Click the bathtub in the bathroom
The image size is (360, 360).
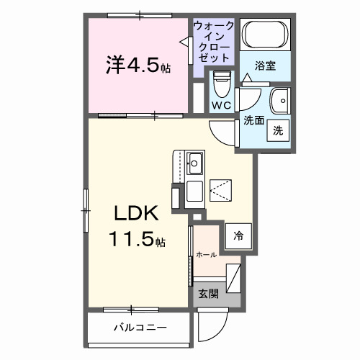[x=265, y=35]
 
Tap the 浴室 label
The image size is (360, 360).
[x=265, y=66]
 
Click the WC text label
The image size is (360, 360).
[x=221, y=106]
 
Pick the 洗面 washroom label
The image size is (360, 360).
[x=253, y=120]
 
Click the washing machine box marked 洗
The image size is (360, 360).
[x=277, y=131]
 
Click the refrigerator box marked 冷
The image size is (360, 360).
[x=238, y=234]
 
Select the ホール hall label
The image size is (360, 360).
[x=206, y=254]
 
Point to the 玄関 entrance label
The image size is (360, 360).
[x=208, y=293]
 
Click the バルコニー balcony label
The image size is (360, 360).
[x=140, y=328]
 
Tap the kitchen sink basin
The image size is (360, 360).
[x=194, y=160]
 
